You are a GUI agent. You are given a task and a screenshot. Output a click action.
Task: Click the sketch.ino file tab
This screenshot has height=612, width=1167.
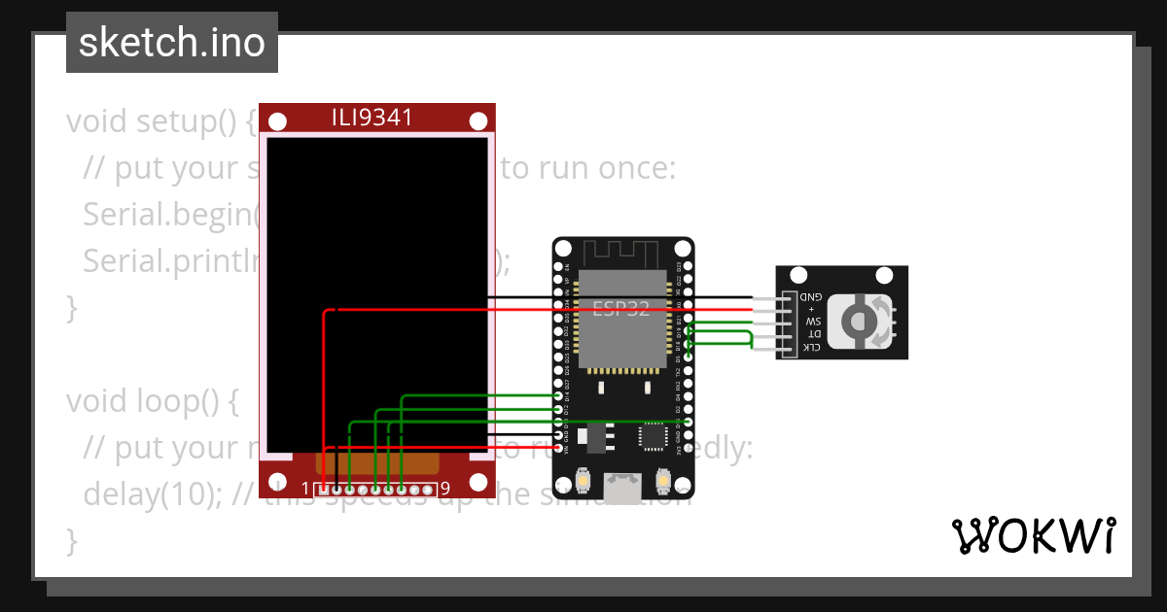pos(171,43)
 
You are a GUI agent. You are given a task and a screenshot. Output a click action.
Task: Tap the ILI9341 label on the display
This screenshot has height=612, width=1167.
pos(372,119)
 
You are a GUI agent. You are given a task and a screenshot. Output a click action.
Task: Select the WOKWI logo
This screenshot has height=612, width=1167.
pos(1033,535)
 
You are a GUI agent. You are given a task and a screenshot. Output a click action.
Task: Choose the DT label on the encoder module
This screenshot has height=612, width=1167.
pos(814,334)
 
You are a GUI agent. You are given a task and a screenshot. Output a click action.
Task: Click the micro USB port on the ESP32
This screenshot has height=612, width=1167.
pos(622,488)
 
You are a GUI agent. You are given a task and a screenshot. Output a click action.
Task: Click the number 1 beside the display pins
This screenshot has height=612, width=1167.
pos(305,489)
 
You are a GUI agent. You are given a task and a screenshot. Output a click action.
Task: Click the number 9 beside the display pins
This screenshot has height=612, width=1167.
pos(444,489)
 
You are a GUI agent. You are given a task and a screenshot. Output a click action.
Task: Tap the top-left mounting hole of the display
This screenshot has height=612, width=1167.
pos(277,121)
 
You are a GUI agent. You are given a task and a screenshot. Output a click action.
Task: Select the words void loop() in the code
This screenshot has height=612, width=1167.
pos(151,400)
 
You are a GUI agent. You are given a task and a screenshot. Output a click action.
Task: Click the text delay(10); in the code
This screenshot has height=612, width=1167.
pos(156,493)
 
